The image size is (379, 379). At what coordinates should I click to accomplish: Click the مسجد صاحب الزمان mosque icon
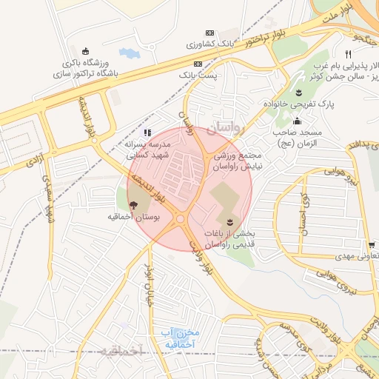pos(298,121)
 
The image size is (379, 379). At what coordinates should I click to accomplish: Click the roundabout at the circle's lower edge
pos(180,219)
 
